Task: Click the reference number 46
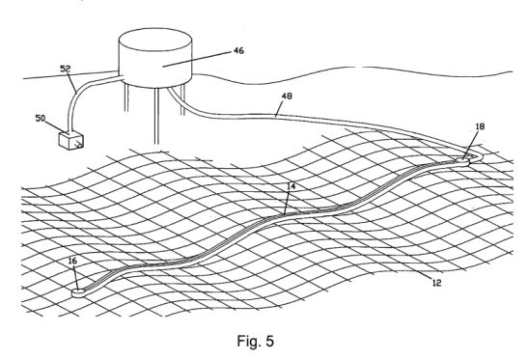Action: tap(238, 51)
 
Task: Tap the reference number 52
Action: tap(66, 69)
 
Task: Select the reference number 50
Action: tap(41, 119)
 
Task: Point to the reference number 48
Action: tap(287, 97)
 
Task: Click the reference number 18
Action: tap(481, 126)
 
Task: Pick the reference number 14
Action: tap(291, 186)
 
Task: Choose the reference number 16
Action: tap(72, 261)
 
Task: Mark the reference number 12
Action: tap(436, 283)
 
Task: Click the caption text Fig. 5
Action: tap(256, 341)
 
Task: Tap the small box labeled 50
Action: tap(70, 141)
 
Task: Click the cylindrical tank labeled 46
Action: tap(155, 58)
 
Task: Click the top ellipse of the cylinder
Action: tap(155, 40)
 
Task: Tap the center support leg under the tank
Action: tap(156, 116)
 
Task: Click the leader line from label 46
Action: tap(197, 60)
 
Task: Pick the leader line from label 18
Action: tap(470, 145)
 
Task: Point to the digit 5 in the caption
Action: tap(269, 341)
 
